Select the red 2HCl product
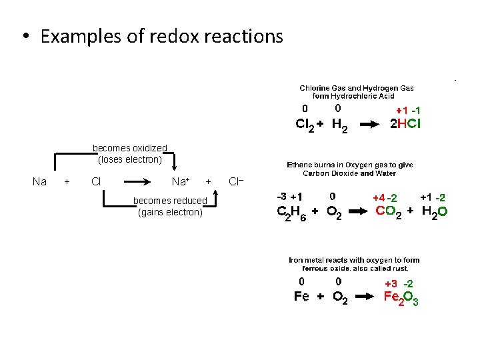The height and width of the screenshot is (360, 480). click(x=405, y=124)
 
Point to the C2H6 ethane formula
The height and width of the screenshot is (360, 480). click(x=291, y=213)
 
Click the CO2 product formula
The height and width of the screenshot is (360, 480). click(x=389, y=212)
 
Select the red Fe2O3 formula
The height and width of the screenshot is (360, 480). click(x=401, y=297)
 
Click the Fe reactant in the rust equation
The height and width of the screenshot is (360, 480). click(x=301, y=297)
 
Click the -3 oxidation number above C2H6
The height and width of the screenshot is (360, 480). click(x=282, y=197)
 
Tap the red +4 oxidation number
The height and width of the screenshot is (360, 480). click(x=378, y=198)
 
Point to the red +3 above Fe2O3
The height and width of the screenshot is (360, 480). click(x=391, y=283)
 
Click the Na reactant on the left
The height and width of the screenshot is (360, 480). click(x=40, y=181)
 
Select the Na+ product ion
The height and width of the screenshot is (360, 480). click(x=181, y=181)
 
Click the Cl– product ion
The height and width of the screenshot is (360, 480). click(x=236, y=181)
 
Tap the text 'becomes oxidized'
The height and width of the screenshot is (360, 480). click(x=130, y=148)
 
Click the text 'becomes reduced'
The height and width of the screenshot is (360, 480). click(x=170, y=201)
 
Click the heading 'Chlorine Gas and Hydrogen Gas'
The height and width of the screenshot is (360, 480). click(x=357, y=88)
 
